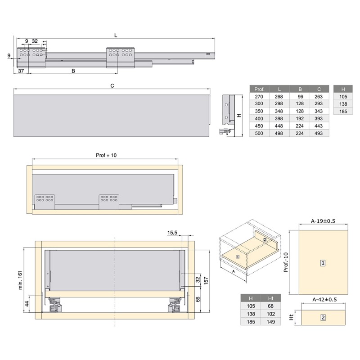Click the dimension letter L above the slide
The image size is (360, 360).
[x=116, y=35]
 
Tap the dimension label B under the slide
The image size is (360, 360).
[x=73, y=71]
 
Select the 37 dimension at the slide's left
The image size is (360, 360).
[x=21, y=71]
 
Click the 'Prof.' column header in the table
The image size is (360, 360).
[x=259, y=89]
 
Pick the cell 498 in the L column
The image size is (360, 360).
[x=279, y=133]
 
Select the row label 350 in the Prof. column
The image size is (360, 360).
[x=259, y=111]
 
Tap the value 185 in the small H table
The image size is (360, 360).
[x=343, y=111]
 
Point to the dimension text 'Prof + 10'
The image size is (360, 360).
[x=106, y=155]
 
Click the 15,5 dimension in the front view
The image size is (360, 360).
[x=172, y=233]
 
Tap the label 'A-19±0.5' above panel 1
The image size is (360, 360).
[x=324, y=221]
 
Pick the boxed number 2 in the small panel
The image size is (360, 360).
[x=323, y=317]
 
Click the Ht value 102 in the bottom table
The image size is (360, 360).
[x=271, y=314]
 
